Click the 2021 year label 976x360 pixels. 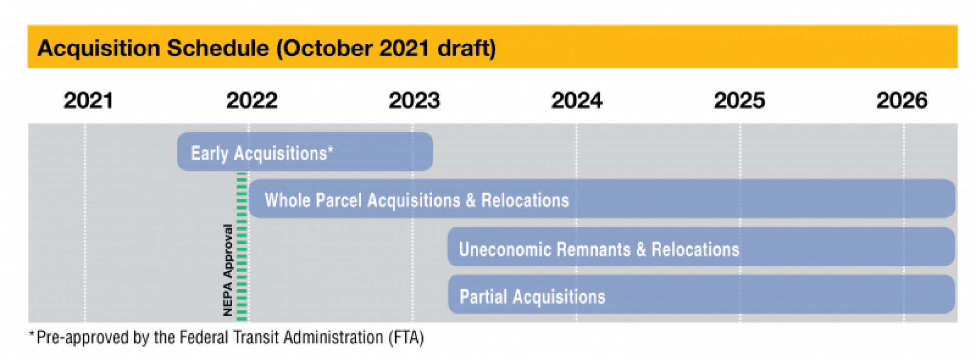coord(88,100)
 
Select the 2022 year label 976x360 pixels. coord(251,100)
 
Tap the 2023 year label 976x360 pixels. coord(414,100)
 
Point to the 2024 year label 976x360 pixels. coord(577,100)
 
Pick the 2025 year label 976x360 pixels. coord(739,100)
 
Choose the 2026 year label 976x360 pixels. coord(902,100)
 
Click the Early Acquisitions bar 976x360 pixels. coord(305,152)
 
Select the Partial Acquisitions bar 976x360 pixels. coord(701,294)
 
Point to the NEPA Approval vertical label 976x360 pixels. coord(227,270)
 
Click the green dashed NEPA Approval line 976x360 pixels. coord(242,247)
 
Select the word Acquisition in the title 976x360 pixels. coord(99,48)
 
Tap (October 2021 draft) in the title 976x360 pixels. coord(386,48)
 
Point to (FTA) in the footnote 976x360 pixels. coord(406,338)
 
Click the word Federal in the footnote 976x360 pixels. coord(204,338)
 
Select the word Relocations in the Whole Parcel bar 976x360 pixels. coord(525,200)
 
